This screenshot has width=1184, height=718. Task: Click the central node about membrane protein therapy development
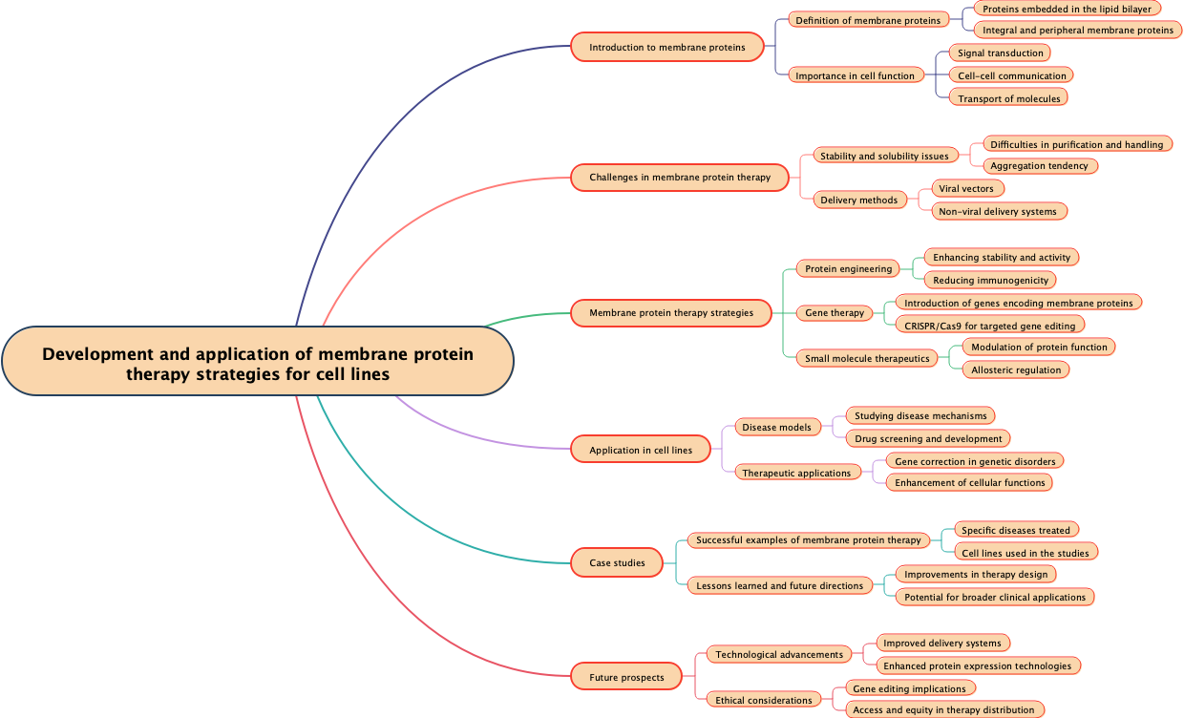tap(258, 364)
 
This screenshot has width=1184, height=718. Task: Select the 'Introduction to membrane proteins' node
tap(667, 47)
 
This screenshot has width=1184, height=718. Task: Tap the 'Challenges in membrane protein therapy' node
tap(680, 177)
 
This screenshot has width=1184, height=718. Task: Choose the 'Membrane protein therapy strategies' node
tap(671, 312)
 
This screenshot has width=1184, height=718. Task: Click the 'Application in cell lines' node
tap(641, 450)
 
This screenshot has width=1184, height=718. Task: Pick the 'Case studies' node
tap(617, 562)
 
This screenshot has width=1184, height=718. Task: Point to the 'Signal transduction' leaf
tap(1001, 53)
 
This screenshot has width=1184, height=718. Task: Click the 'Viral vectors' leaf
tap(966, 188)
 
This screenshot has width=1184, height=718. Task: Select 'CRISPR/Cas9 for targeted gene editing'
tap(990, 326)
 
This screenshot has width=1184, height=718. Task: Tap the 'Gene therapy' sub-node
tap(835, 312)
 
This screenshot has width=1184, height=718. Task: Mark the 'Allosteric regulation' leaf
tap(1016, 370)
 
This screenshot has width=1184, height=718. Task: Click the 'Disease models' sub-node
tap(777, 427)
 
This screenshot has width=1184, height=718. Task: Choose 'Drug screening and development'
tap(928, 438)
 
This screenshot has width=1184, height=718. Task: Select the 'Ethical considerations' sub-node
tap(764, 700)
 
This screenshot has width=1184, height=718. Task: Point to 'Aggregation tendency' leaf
tap(1039, 165)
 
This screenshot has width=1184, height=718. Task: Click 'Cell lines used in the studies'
tap(1025, 552)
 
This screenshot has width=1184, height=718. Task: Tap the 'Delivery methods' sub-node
tap(859, 200)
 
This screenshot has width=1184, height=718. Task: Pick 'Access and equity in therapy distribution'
tap(943, 709)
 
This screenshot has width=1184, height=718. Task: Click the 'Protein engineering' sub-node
tap(848, 268)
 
